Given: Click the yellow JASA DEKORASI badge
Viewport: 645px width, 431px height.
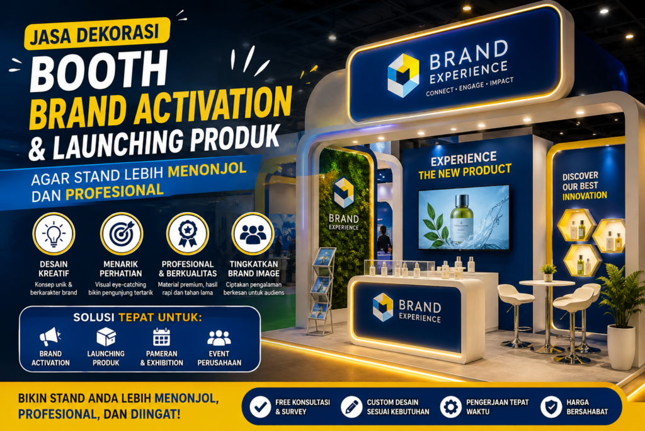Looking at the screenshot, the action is click(97, 33).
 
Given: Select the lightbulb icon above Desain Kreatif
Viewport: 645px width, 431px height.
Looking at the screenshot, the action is click(54, 233).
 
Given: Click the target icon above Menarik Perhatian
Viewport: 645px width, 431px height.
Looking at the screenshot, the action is click(122, 233).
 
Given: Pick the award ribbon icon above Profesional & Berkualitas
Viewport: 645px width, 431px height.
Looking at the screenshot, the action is click(188, 233).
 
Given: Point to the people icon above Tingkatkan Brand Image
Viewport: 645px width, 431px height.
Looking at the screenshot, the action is click(253, 233).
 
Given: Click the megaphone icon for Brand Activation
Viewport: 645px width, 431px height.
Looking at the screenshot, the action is click(50, 336).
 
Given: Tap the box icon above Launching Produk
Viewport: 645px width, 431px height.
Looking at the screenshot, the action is click(106, 336).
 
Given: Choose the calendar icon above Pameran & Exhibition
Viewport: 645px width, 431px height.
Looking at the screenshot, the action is click(161, 336).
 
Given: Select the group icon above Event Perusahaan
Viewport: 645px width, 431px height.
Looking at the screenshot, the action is click(219, 338).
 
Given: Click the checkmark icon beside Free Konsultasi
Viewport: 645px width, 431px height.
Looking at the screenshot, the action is click(260, 407).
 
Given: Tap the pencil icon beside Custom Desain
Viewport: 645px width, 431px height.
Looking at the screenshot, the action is click(351, 407).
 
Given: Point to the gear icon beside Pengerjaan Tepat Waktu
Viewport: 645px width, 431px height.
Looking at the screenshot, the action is click(451, 407).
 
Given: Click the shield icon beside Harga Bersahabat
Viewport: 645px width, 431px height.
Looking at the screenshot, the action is click(551, 407).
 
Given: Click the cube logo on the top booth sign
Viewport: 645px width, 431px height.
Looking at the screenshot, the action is click(403, 75).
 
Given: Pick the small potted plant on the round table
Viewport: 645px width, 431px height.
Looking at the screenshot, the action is click(548, 273).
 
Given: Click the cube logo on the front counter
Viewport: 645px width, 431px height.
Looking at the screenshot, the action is click(383, 307).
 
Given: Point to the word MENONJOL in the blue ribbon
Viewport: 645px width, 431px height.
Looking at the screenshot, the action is click(207, 170).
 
